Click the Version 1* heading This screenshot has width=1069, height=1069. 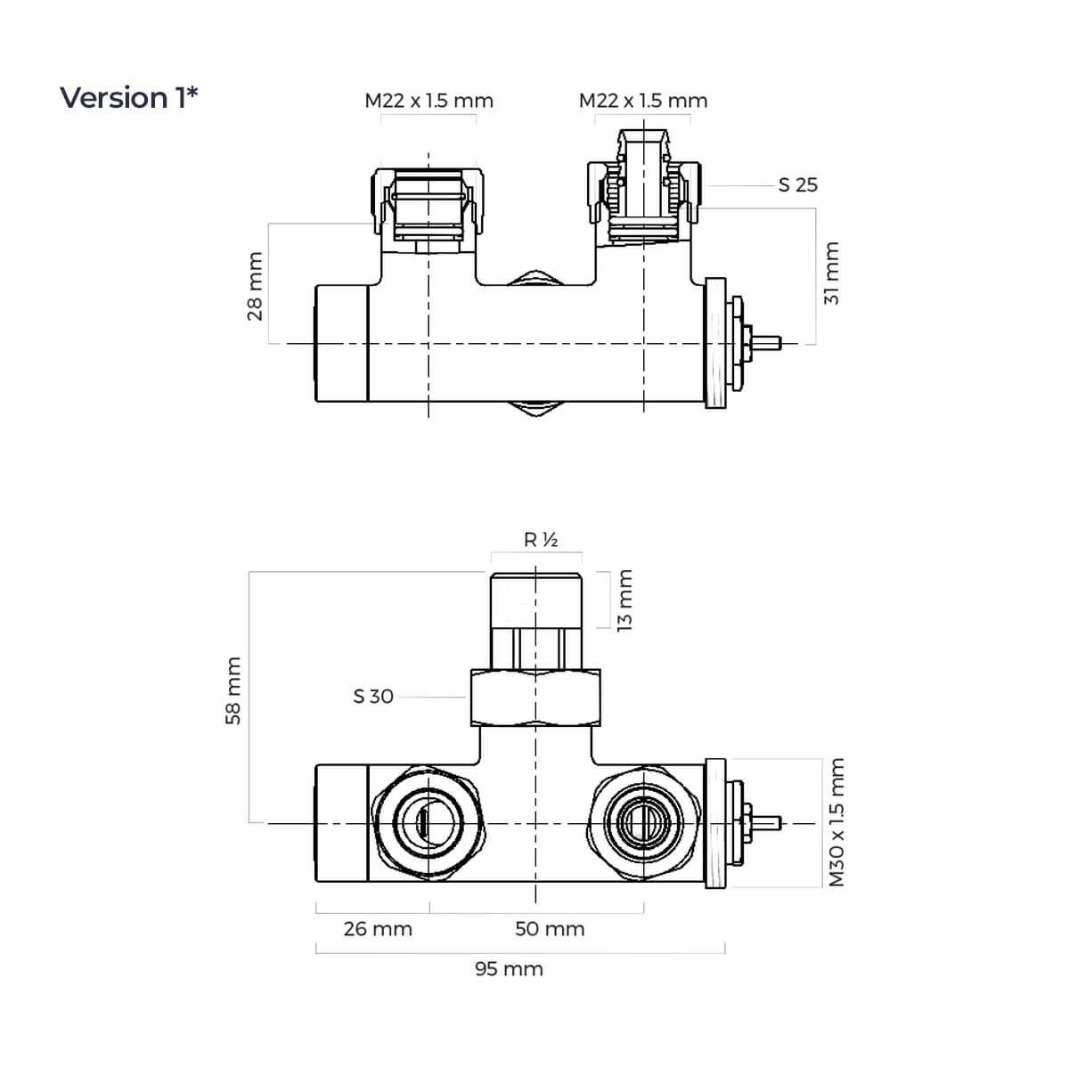coord(128,98)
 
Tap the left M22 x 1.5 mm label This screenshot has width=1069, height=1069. coord(428,101)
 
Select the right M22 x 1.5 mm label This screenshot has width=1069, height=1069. coord(643,101)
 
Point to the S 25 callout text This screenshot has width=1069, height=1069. coord(797,185)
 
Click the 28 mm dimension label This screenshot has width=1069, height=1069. coord(255,286)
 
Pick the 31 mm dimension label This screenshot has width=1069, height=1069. coord(831,273)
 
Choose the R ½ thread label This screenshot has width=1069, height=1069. coord(541,539)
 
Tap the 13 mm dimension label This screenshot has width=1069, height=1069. coord(624,600)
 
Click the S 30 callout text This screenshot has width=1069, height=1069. coord(373,697)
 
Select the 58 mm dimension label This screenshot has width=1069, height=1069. coord(233,690)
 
